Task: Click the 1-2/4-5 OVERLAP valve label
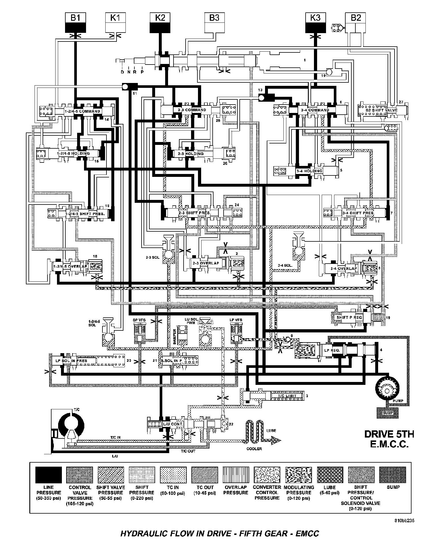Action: click(70, 266)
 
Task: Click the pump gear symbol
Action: click(389, 391)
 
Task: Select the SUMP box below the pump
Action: click(388, 412)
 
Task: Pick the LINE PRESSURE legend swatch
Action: click(48, 475)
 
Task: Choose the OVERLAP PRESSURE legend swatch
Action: click(236, 475)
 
